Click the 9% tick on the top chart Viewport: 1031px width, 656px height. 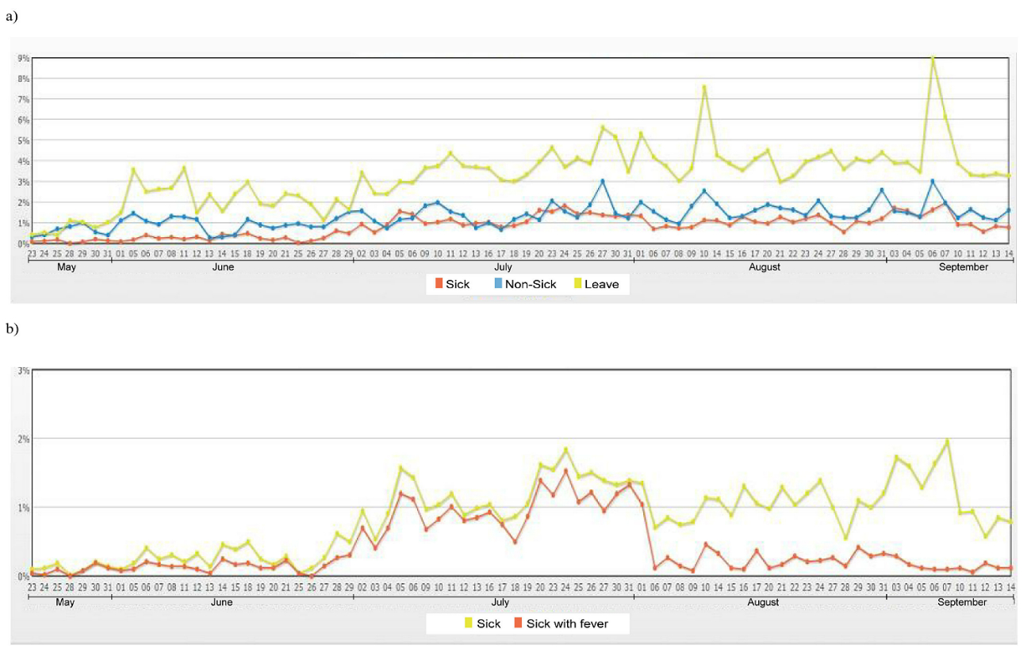pyautogui.click(x=24, y=58)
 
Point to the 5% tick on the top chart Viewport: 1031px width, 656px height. pyautogui.click(x=24, y=140)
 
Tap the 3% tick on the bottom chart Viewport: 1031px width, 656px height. pyautogui.click(x=24, y=370)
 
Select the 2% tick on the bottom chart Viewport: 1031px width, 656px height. pyautogui.click(x=24, y=439)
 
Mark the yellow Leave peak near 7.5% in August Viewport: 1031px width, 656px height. pyautogui.click(x=704, y=86)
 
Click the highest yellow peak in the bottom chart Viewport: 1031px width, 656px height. pyautogui.click(x=947, y=441)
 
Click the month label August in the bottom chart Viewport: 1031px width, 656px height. pyautogui.click(x=763, y=603)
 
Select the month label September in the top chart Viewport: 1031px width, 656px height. pyautogui.click(x=964, y=267)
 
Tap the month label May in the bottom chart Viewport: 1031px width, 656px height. pyautogui.click(x=66, y=603)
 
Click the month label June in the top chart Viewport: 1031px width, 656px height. pyautogui.click(x=222, y=267)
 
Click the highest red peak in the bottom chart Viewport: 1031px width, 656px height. pyautogui.click(x=566, y=470)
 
